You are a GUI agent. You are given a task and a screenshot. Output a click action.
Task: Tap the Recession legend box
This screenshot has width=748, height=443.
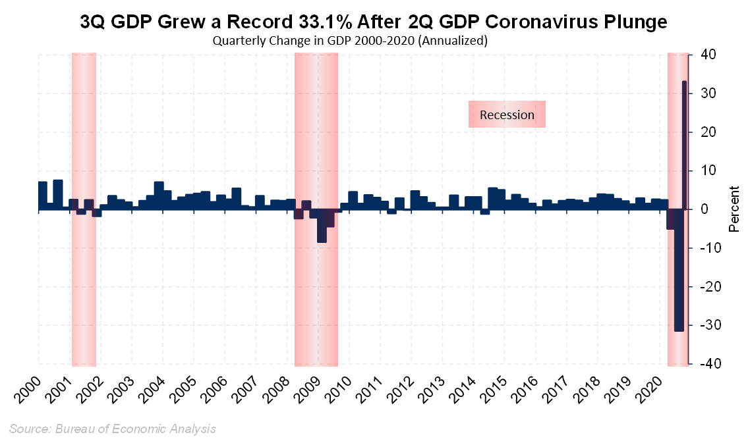coord(507,115)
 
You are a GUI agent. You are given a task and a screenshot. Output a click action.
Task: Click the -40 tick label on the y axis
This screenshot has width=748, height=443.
coord(703,364)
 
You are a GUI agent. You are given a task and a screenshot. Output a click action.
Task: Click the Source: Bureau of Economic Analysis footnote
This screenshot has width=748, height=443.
coord(113,429)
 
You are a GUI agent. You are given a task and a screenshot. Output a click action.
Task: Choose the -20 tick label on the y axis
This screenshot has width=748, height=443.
coord(703,287)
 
